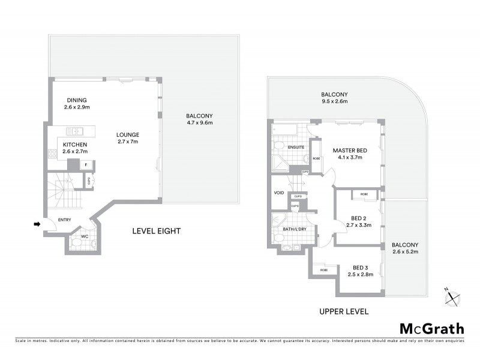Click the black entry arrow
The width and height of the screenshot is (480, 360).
tap(37, 224)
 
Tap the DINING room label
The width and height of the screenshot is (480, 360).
tap(76, 100)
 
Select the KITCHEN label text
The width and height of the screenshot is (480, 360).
tap(75, 145)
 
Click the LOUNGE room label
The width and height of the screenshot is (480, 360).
tap(128, 134)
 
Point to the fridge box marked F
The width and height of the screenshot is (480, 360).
tap(86, 164)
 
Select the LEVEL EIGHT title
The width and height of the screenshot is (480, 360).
tap(157, 231)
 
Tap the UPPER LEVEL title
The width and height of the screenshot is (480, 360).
tap(344, 312)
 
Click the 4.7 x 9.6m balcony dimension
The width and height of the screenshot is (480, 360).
tap(200, 123)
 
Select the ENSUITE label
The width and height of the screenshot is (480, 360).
tap(296, 146)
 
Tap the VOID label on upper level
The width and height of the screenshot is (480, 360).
tap(278, 193)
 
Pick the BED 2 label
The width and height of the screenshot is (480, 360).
tap(360, 218)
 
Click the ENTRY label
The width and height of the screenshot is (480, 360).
tap(57, 220)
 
